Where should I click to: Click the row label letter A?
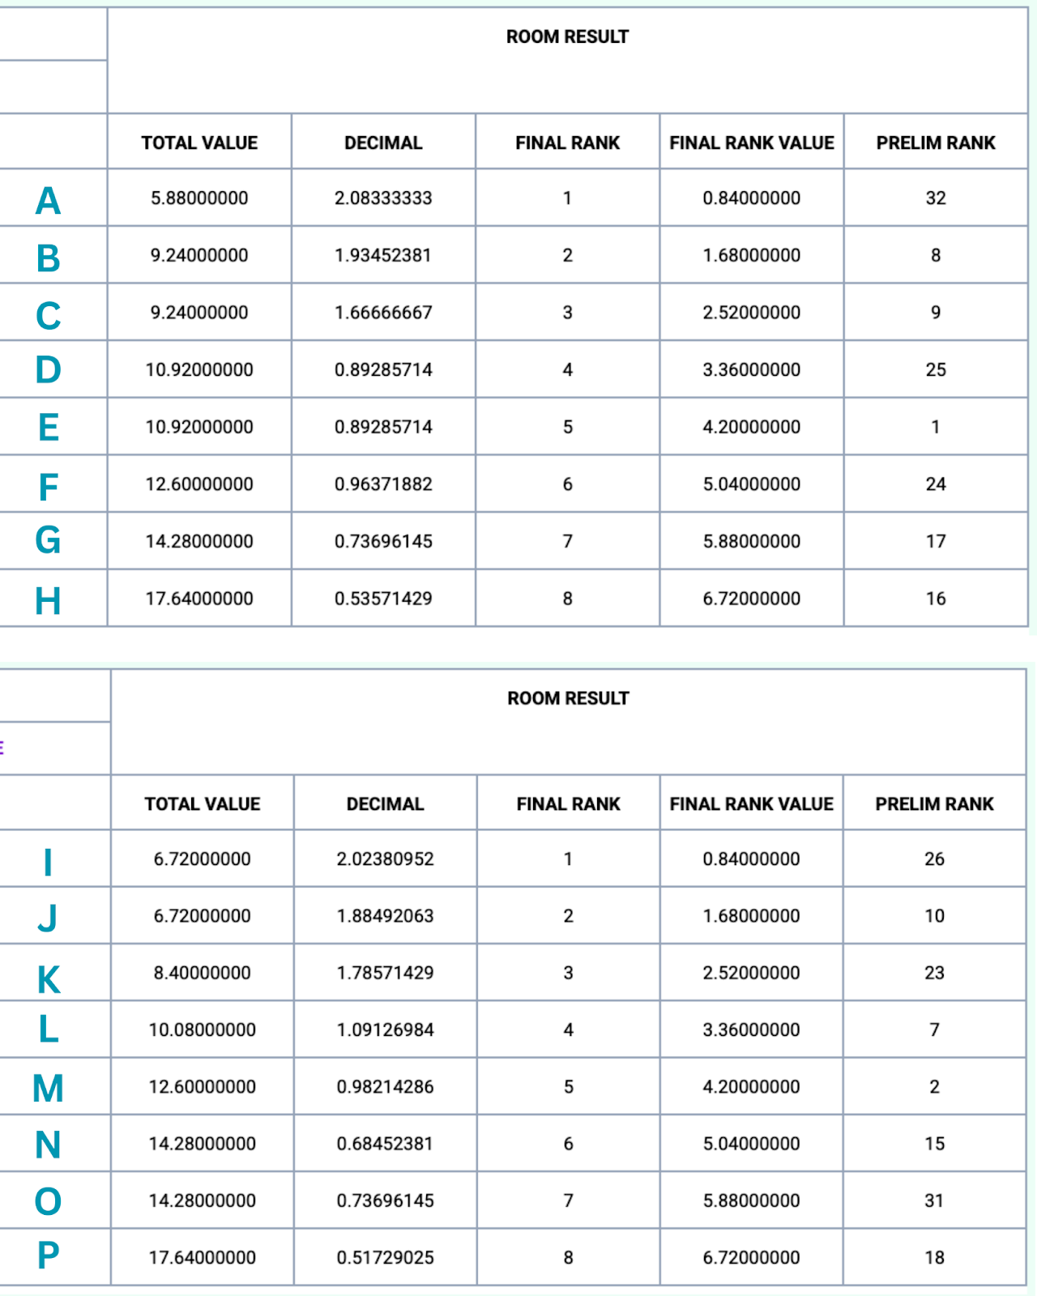point(49,200)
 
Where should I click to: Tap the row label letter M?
point(48,1088)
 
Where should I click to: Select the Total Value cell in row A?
point(199,198)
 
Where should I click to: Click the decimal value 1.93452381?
point(383,255)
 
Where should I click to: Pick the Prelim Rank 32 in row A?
point(936,198)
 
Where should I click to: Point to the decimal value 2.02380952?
point(385,859)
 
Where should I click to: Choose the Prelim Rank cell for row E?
point(936,427)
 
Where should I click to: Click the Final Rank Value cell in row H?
point(751,599)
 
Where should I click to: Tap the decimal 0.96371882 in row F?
point(383,484)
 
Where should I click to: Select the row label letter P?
point(48,1255)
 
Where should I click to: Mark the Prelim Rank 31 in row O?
point(934,1200)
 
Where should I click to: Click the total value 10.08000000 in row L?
point(202,1030)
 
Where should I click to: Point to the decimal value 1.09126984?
point(385,1030)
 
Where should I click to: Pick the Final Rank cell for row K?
point(568,973)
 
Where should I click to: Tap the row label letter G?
point(48,540)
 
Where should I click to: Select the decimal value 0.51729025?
point(385,1258)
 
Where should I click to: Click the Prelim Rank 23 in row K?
point(934,973)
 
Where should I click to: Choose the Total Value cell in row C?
point(199,313)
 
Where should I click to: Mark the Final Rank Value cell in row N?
point(751,1144)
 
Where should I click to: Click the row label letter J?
point(48,918)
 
